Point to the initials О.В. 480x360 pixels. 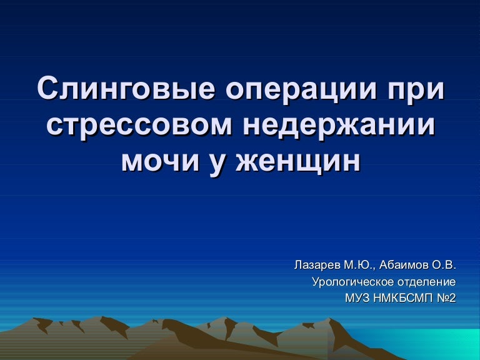[444, 265]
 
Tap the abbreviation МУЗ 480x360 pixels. [357, 298]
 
